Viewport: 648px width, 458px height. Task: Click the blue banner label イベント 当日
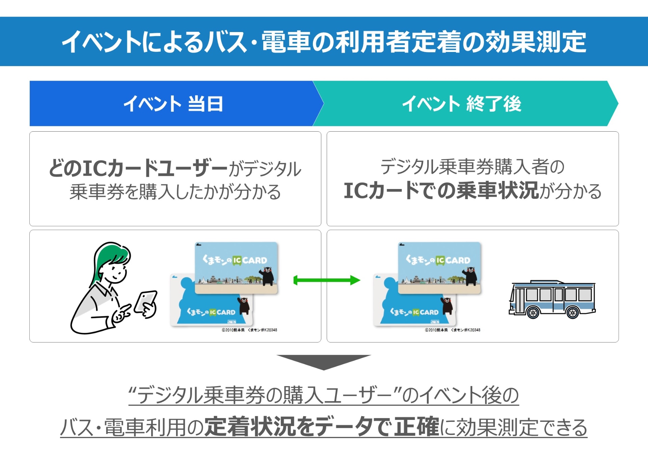(x=173, y=104)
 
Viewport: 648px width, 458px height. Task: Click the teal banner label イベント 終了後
(x=462, y=104)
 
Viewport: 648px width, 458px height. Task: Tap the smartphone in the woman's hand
(x=145, y=301)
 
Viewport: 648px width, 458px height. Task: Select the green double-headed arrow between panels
(x=327, y=280)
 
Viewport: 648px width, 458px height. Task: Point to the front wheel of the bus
(x=533, y=313)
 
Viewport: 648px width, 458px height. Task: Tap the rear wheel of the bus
(x=572, y=313)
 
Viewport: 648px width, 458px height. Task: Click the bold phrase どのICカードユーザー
(x=138, y=168)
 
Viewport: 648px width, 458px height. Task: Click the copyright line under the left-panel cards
(x=249, y=330)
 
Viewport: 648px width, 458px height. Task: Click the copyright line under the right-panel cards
(x=452, y=330)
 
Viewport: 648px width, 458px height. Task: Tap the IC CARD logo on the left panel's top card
(x=250, y=260)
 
